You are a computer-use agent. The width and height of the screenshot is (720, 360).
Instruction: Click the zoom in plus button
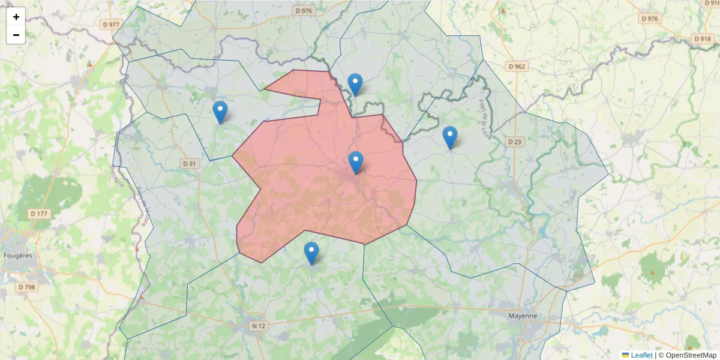pyautogui.click(x=16, y=17)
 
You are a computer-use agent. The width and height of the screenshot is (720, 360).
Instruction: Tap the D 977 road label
pyautogui.click(x=111, y=25)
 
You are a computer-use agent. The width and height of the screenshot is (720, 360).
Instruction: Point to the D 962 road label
pyautogui.click(x=516, y=66)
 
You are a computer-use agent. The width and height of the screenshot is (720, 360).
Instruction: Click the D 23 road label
pyautogui.click(x=515, y=142)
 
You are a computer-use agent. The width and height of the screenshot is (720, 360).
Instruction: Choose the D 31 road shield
pyautogui.click(x=189, y=163)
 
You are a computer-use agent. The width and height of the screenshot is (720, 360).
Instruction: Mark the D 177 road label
pyautogui.click(x=40, y=214)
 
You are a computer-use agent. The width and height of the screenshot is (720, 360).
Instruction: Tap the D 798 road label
pyautogui.click(x=27, y=287)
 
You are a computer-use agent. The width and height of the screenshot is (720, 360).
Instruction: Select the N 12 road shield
pyautogui.click(x=258, y=326)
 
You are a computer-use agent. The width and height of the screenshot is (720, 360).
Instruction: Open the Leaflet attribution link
pyautogui.click(x=641, y=355)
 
